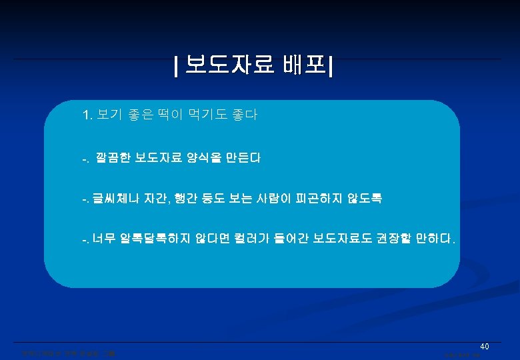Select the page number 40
pos(485,346)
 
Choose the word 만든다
pos(241,159)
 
